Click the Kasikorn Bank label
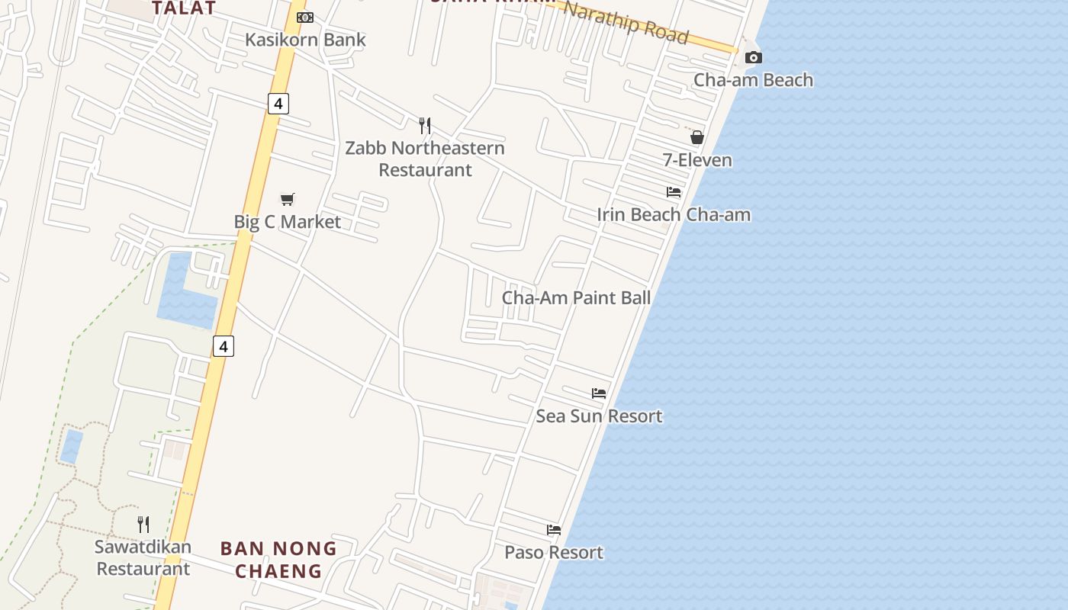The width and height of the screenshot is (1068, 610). [x=305, y=40]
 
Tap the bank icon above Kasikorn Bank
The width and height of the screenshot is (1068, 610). [x=304, y=18]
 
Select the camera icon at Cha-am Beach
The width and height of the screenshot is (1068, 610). [x=753, y=58]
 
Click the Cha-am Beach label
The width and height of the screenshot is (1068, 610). [x=753, y=80]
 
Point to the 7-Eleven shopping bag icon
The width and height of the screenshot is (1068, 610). [x=696, y=137]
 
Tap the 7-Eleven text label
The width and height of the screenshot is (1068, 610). [x=696, y=160]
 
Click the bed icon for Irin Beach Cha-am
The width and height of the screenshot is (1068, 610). [x=674, y=192]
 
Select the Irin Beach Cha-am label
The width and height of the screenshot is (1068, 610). [x=674, y=215]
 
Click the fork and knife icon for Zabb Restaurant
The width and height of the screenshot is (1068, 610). [x=425, y=125]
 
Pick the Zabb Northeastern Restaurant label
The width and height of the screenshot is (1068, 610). [x=425, y=159]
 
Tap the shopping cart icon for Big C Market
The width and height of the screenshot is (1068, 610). [x=287, y=200]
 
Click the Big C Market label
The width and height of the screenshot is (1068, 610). [x=287, y=222]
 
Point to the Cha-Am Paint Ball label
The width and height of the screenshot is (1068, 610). [x=576, y=297]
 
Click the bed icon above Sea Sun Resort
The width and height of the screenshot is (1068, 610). [x=599, y=393]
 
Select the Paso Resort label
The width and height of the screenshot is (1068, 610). [x=554, y=552]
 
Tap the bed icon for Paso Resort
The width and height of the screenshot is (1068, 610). [x=554, y=530]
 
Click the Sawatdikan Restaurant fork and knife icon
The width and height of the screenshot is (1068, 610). [x=143, y=524]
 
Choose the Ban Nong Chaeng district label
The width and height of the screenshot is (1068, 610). [x=278, y=559]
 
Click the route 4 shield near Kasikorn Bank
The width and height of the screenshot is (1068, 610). [x=278, y=103]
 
